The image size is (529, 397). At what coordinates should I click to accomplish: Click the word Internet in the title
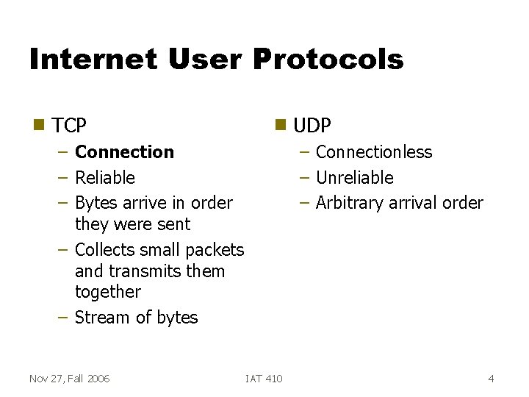coord(93,59)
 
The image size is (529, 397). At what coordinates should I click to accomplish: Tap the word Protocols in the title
coord(328,59)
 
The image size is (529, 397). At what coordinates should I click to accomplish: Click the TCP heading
coord(69,126)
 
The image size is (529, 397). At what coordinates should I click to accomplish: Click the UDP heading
coord(312,126)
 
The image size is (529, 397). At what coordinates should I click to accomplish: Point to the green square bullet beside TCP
coord(38,124)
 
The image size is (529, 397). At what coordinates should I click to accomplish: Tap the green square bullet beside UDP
coord(279,124)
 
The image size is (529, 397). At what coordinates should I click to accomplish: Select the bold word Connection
coord(124,152)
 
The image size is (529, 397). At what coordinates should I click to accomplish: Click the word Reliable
coord(105,178)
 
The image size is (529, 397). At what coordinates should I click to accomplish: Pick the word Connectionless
coord(373,152)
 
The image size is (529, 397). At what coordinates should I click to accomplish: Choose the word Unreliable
coord(354,178)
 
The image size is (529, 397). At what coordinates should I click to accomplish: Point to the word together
coord(107,292)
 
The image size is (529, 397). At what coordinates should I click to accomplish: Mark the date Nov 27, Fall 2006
coord(69,379)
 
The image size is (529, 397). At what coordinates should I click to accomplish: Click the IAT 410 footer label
coord(264,379)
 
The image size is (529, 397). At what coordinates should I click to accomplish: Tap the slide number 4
coord(491,379)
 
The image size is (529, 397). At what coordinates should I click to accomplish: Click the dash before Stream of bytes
coord(63,318)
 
